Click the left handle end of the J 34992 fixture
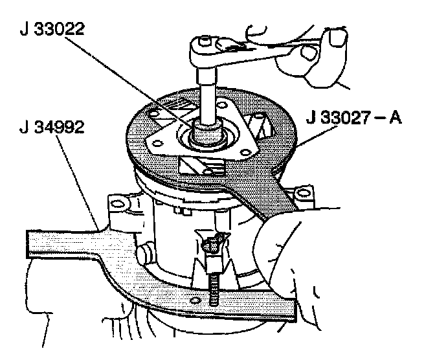(39, 243)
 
